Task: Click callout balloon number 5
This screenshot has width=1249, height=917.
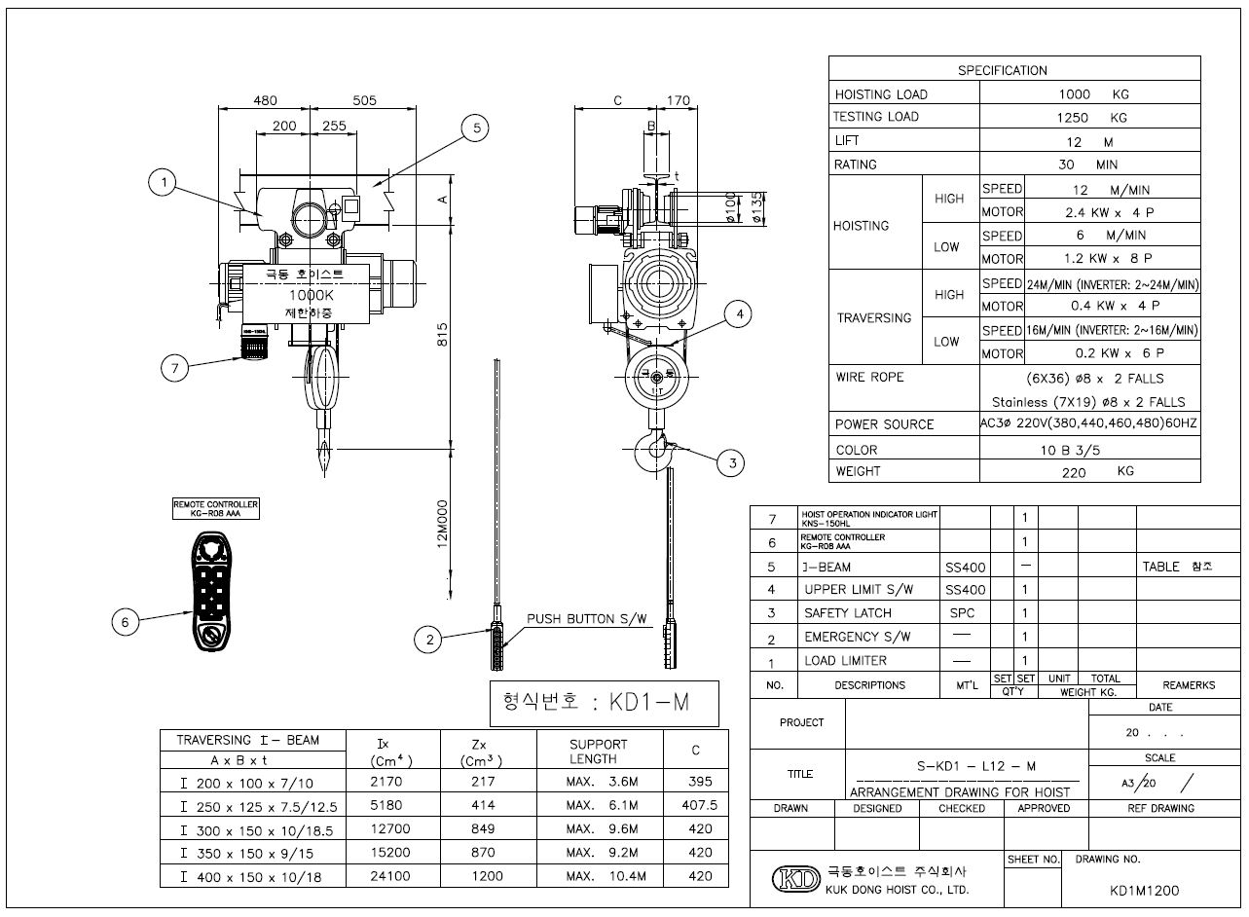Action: (474, 128)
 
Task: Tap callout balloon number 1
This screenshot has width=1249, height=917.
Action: (164, 182)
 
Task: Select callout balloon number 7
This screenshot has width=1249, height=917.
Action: (174, 368)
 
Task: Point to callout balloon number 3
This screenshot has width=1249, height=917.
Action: (732, 464)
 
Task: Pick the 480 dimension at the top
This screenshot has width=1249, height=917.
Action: (266, 100)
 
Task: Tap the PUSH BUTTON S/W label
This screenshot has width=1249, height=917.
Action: (585, 619)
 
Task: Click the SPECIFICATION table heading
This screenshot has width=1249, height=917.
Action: (1002, 70)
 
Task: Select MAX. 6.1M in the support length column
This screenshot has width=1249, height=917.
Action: (601, 805)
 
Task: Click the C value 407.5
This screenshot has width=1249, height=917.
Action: (695, 805)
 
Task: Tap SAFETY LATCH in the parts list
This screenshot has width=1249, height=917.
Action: (847, 613)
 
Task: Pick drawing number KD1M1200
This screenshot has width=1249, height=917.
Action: (1144, 890)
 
